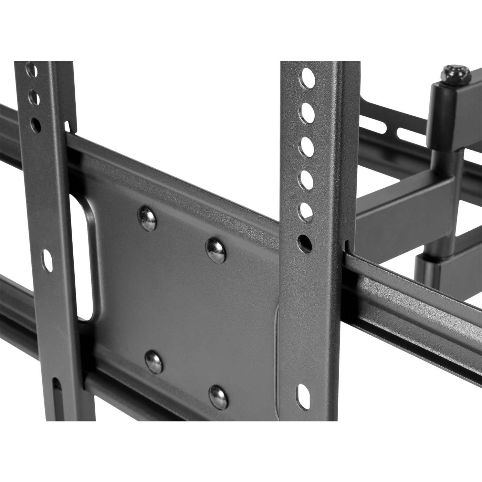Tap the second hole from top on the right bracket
(308, 112)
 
